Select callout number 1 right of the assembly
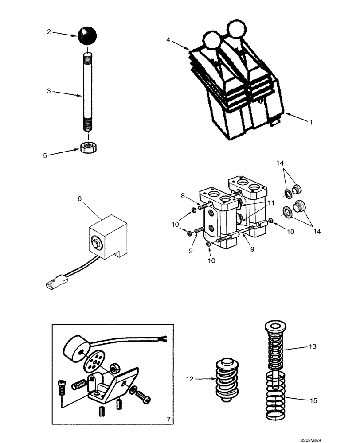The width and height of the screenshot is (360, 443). click(311, 122)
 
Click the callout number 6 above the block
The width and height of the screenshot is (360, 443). click(79, 199)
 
